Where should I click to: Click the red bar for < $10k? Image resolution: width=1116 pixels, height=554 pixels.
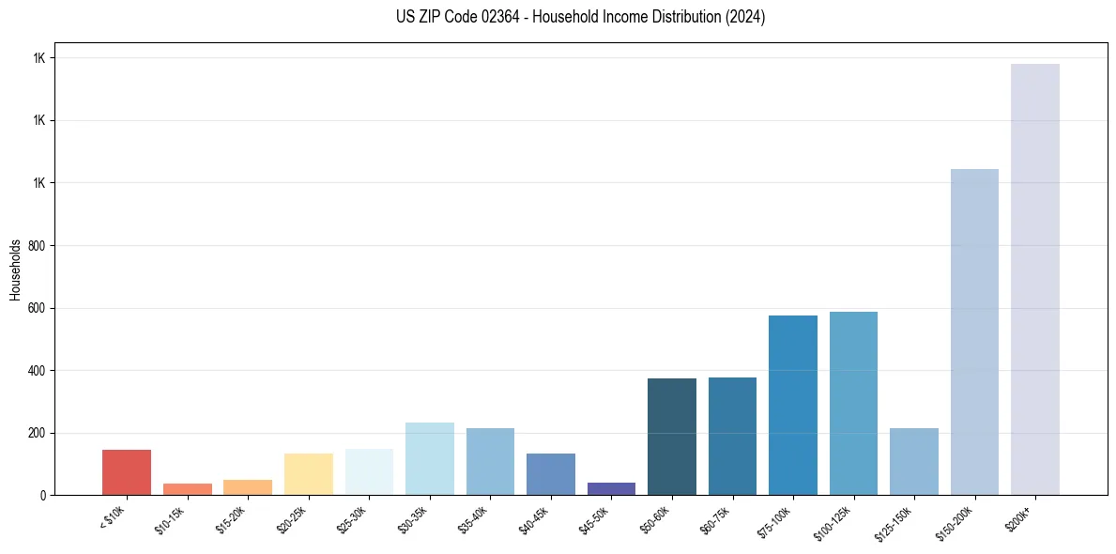click(x=127, y=472)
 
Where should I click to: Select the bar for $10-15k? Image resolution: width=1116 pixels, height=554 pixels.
click(x=187, y=489)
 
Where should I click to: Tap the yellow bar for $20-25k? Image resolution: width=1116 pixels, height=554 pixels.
click(x=308, y=474)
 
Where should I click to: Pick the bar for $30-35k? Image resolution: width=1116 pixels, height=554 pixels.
click(x=429, y=459)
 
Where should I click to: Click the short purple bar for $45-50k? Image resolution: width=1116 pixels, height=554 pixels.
click(x=611, y=489)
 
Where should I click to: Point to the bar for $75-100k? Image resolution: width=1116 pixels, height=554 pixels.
click(x=793, y=405)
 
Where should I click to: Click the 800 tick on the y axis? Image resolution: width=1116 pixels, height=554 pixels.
click(x=38, y=246)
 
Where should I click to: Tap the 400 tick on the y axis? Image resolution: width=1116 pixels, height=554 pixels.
click(x=38, y=371)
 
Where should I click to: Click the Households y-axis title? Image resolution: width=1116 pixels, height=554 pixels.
click(x=15, y=269)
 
